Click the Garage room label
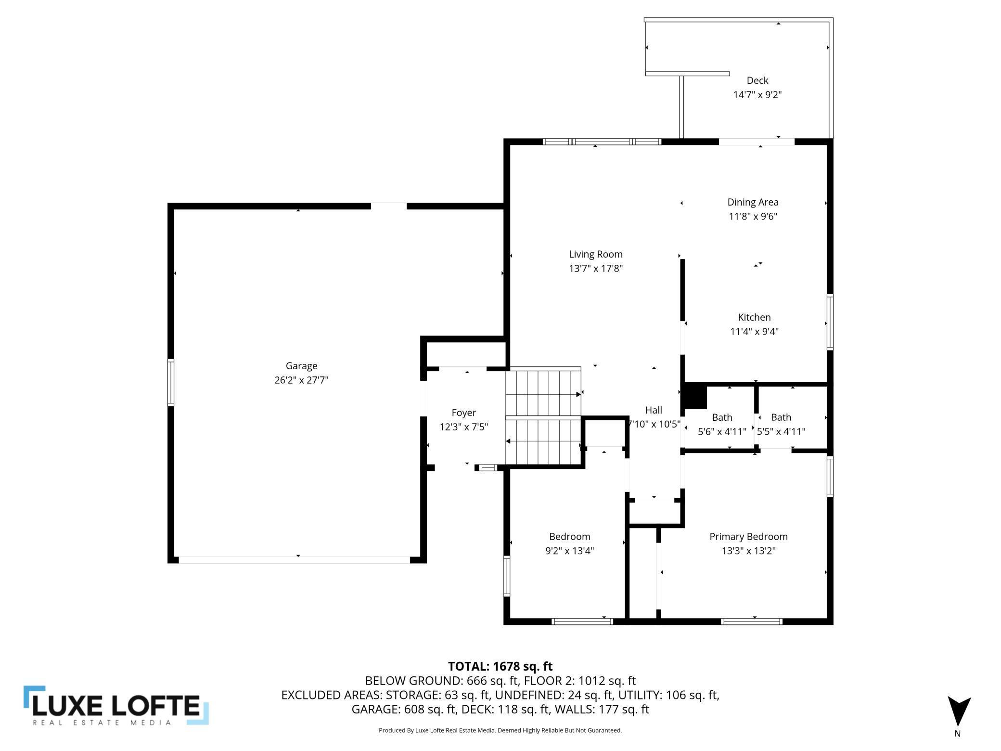[301, 366]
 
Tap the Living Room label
[596, 254]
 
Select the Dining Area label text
[753, 202]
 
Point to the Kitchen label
[754, 317]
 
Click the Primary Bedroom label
[748, 536]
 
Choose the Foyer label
[464, 413]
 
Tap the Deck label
[757, 80]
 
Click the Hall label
[654, 410]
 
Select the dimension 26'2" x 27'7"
[301, 380]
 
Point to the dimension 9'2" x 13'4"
[569, 551]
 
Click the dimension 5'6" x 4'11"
[722, 431]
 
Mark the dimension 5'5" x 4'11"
[781, 431]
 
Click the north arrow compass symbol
[959, 711]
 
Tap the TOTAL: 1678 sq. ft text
[500, 666]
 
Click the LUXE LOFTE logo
[116, 705]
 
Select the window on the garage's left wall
[170, 383]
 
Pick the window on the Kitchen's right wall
[830, 322]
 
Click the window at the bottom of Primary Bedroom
[752, 622]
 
